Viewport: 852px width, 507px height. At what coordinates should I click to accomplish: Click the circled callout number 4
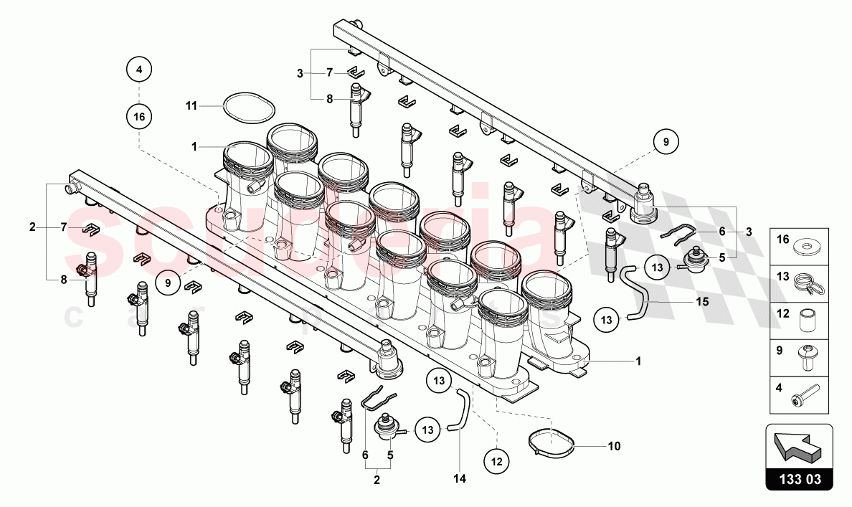tap(139, 70)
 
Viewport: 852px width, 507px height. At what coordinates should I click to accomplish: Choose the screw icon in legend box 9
tap(808, 356)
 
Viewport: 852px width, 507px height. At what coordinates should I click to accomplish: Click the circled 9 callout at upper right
tap(666, 143)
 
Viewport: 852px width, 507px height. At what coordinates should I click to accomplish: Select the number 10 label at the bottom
tap(614, 446)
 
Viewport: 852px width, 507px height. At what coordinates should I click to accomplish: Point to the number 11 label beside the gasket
tap(190, 105)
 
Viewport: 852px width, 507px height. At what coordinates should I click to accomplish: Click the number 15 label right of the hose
tap(701, 302)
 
